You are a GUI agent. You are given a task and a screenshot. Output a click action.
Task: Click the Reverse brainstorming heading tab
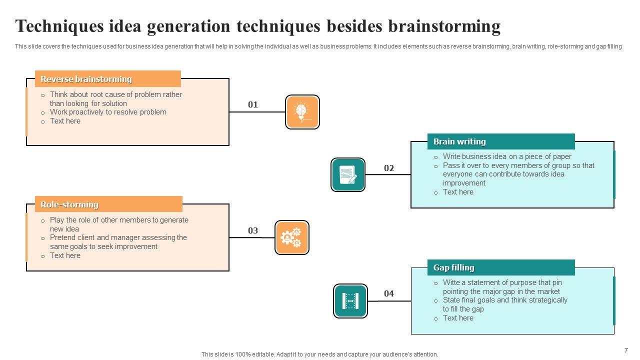(107, 79)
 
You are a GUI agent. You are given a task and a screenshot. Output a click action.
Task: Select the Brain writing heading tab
(500, 141)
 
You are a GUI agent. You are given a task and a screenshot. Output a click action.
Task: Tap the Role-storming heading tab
(108, 204)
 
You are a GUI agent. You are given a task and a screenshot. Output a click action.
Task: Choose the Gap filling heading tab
(500, 267)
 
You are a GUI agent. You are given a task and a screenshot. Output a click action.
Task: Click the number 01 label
(253, 104)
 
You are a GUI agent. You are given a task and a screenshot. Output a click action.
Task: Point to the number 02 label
(389, 168)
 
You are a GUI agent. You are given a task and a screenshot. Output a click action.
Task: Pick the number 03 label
(253, 230)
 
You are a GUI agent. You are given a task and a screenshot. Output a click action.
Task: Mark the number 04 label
(389, 293)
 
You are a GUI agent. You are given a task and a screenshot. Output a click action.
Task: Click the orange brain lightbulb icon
(302, 112)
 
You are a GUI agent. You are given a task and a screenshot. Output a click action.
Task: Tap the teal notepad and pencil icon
(348, 174)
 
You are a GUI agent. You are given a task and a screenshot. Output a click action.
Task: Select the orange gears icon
(292, 237)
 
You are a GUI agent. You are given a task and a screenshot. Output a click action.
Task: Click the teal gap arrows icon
(350, 301)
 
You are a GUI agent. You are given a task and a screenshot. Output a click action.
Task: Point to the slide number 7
(626, 350)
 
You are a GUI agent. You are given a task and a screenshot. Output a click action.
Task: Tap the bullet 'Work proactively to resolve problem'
(108, 112)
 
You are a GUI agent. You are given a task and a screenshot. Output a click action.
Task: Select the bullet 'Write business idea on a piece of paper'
(507, 156)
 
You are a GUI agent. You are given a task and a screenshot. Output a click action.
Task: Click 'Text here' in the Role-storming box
(65, 255)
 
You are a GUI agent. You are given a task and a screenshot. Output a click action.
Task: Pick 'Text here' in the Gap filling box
(458, 318)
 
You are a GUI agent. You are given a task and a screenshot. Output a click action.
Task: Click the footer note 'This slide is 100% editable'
(319, 354)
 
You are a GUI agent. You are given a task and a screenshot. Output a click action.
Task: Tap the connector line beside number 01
(257, 112)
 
